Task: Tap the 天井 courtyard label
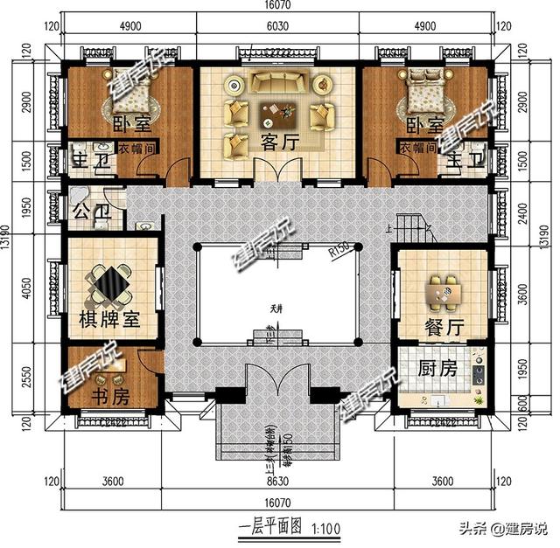(277, 308)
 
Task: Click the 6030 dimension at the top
(276, 26)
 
